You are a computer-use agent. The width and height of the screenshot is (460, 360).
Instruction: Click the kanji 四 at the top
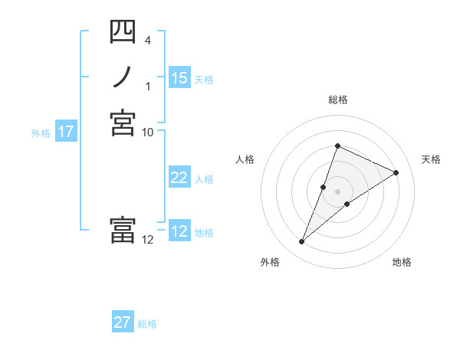pos(123,33)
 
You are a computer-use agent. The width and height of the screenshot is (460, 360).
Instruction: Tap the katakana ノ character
pos(123,77)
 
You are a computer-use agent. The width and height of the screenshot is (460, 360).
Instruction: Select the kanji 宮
pos(123,123)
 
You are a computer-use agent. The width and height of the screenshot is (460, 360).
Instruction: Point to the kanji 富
pos(123,230)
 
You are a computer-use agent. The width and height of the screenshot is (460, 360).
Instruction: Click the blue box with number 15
pos(179,78)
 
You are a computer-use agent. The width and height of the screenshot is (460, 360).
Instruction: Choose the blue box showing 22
pos(179,178)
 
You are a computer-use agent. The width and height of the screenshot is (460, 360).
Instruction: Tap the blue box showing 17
pos(66,132)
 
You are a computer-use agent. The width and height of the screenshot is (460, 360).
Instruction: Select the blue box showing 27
pos(123,322)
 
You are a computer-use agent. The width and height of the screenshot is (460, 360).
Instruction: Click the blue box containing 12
pos(179,231)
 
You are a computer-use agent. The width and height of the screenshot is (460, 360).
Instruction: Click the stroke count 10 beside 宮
pos(148,132)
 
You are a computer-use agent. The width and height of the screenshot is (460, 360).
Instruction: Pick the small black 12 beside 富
pos(148,239)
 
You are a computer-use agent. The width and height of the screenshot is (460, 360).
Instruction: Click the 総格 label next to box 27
pos(147,323)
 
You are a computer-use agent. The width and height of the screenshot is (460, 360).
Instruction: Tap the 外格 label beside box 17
pos(41,133)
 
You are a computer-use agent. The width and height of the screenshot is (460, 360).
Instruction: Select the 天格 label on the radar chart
pos(431,159)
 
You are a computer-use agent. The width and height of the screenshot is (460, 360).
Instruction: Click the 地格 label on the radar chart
pos(402,262)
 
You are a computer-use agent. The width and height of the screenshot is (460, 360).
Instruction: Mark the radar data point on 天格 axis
pos(396,172)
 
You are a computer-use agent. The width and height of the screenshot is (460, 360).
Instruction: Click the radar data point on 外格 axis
pos(302,242)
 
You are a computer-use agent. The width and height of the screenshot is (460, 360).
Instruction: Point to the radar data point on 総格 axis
pos(337,146)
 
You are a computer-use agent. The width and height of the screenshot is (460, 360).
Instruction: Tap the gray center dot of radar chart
pos(337,191)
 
